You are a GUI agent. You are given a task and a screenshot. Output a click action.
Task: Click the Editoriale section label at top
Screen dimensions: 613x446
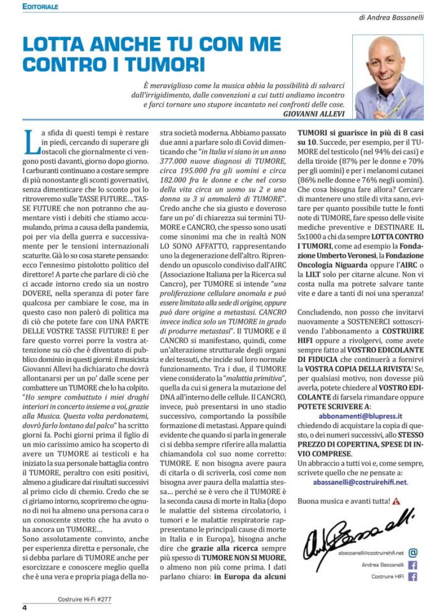[40, 6]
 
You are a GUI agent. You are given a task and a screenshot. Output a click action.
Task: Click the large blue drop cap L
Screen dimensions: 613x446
[30, 140]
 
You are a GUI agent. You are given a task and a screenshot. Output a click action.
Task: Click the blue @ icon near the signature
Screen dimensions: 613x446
[413, 553]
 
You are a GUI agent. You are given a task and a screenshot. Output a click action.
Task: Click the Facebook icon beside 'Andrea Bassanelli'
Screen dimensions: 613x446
[413, 564]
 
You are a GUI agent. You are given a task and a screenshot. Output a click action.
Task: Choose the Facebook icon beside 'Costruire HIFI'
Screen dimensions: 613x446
[413, 577]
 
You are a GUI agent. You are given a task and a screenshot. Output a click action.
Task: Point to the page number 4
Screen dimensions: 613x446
[24, 607]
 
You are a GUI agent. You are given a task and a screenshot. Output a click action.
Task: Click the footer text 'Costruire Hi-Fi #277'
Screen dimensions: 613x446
[85, 600]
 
